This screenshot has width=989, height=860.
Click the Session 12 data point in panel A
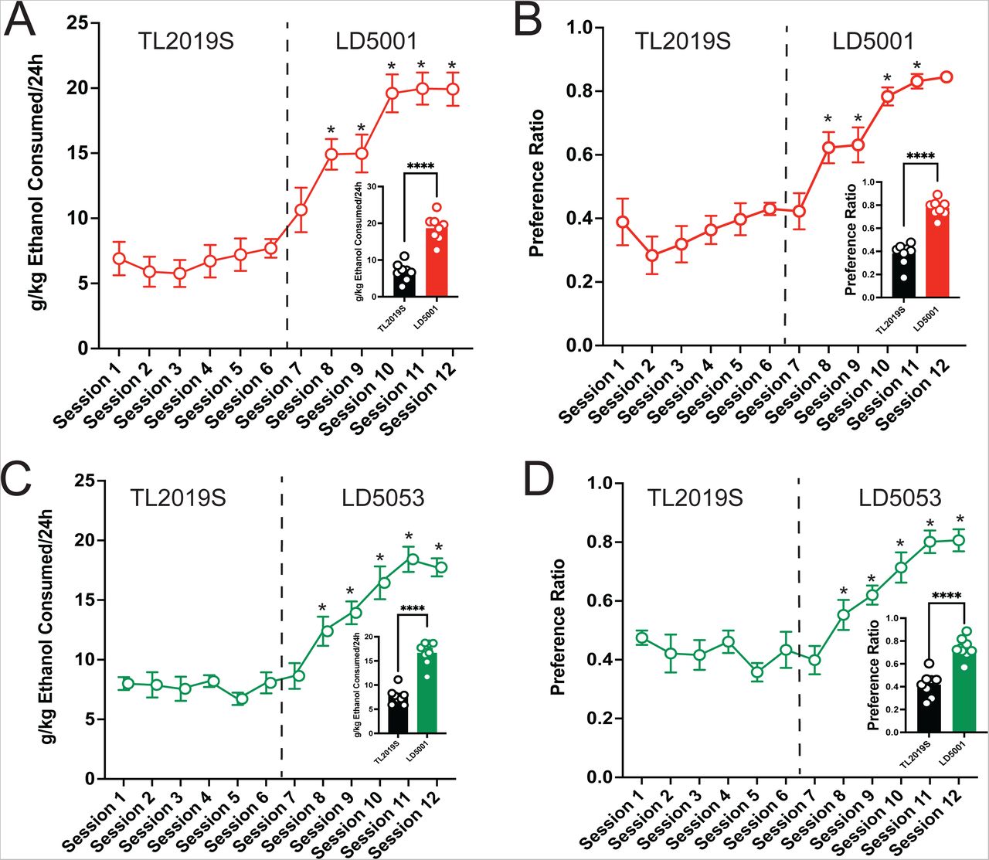click(x=452, y=89)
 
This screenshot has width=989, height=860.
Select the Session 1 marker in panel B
click(x=622, y=223)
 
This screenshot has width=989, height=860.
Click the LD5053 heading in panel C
click(x=382, y=498)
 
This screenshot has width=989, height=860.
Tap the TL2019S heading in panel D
click(x=695, y=498)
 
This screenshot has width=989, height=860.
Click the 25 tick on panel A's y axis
click(x=77, y=22)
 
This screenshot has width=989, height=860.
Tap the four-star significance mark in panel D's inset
click(x=946, y=596)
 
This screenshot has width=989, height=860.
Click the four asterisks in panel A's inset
click(x=420, y=166)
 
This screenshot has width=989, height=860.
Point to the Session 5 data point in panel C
click(x=241, y=699)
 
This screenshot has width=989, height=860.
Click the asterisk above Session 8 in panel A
click(x=331, y=130)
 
